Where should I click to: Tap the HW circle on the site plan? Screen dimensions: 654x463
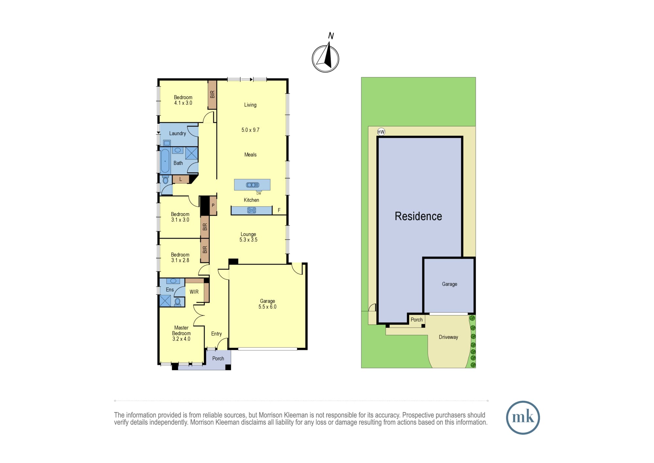(x=381, y=132)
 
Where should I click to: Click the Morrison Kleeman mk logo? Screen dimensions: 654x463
(x=523, y=417)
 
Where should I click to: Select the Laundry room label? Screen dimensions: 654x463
(x=178, y=133)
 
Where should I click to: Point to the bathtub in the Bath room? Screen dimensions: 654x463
(x=165, y=161)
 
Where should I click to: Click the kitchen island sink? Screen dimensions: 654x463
(x=252, y=185)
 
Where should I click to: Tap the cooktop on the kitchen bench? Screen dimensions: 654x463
(x=251, y=211)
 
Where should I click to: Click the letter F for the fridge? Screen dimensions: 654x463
(x=279, y=210)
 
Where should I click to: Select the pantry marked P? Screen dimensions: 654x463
(x=213, y=206)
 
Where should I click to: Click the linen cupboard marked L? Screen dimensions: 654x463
(x=181, y=179)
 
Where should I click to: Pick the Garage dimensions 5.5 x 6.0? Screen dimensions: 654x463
(x=267, y=307)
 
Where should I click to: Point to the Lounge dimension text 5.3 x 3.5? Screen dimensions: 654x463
(x=249, y=240)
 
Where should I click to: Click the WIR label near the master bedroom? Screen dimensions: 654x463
(x=194, y=292)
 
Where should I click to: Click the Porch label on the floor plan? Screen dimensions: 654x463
(x=218, y=359)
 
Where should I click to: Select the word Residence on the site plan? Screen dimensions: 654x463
(x=418, y=216)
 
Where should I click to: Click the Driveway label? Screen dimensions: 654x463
(x=448, y=337)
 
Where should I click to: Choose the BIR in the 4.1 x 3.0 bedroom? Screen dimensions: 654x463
(x=212, y=95)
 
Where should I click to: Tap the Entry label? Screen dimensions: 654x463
(x=216, y=334)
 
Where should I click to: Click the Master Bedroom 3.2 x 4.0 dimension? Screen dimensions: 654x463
(x=181, y=339)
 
